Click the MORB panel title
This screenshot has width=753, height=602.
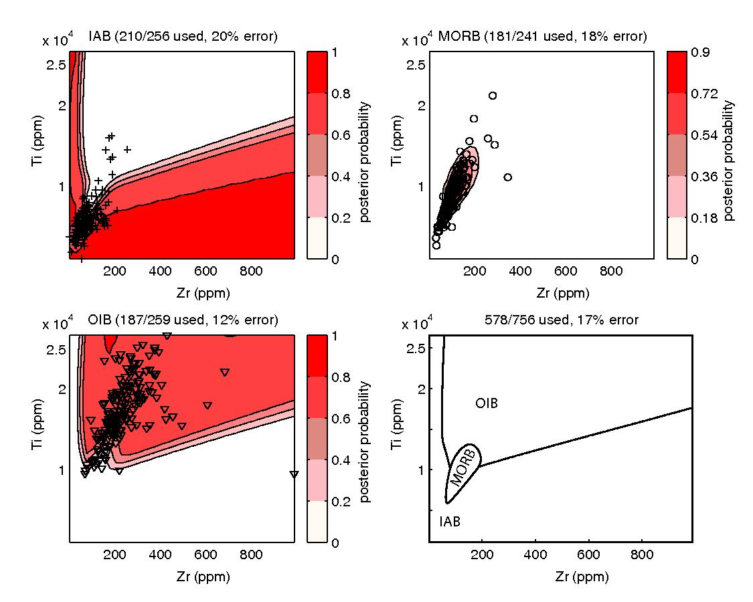tap(542, 37)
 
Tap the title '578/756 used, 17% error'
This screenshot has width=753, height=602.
tap(562, 320)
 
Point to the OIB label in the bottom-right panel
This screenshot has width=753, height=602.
tap(487, 403)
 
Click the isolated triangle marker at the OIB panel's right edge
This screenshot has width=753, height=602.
tap(294, 474)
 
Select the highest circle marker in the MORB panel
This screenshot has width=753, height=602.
tap(493, 96)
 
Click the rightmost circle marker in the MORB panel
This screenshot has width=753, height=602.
tap(508, 177)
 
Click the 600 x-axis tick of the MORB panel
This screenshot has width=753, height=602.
tap(566, 272)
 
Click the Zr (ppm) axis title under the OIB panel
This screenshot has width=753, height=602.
tap(182, 576)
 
